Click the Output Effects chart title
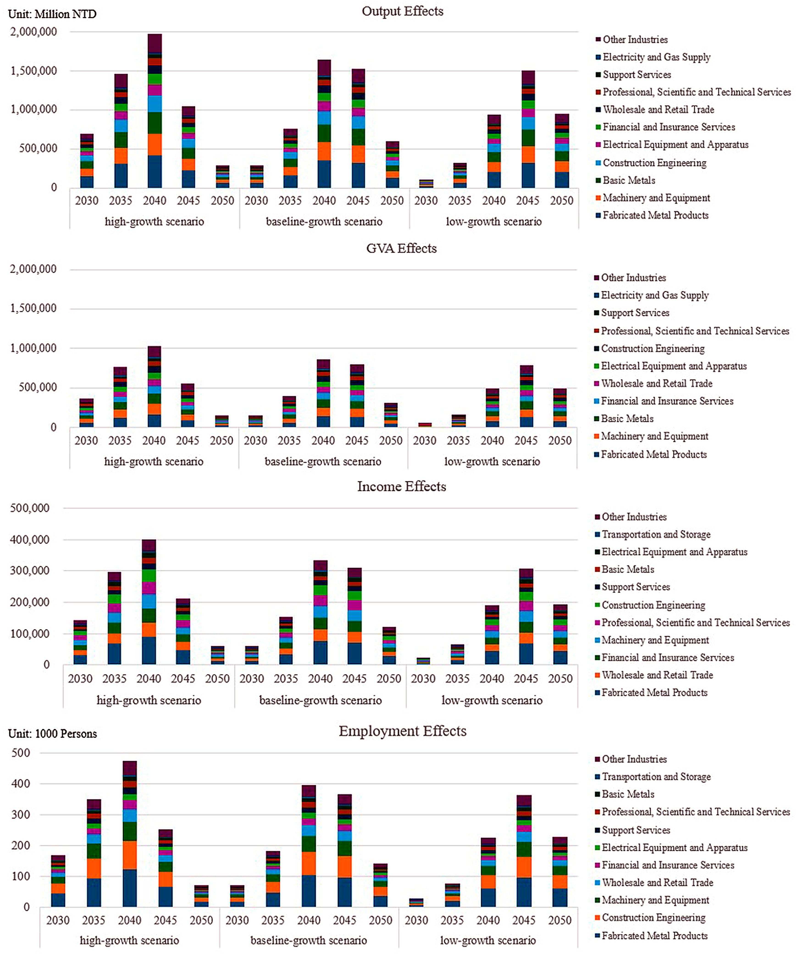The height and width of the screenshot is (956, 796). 402,11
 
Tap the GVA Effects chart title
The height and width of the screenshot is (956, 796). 401,249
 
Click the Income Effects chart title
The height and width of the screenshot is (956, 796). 401,487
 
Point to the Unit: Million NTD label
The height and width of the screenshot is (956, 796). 52,14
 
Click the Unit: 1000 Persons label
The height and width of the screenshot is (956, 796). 52,734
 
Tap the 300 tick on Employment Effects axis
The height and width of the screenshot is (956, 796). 21,815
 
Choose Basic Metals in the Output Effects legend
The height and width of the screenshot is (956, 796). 629,180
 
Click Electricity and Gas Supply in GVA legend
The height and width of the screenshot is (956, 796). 655,295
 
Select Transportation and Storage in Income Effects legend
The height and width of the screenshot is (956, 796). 656,535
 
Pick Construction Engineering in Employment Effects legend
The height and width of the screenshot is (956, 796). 654,917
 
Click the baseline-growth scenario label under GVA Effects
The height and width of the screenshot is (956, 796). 323,462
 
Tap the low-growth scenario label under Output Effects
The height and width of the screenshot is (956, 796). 494,222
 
